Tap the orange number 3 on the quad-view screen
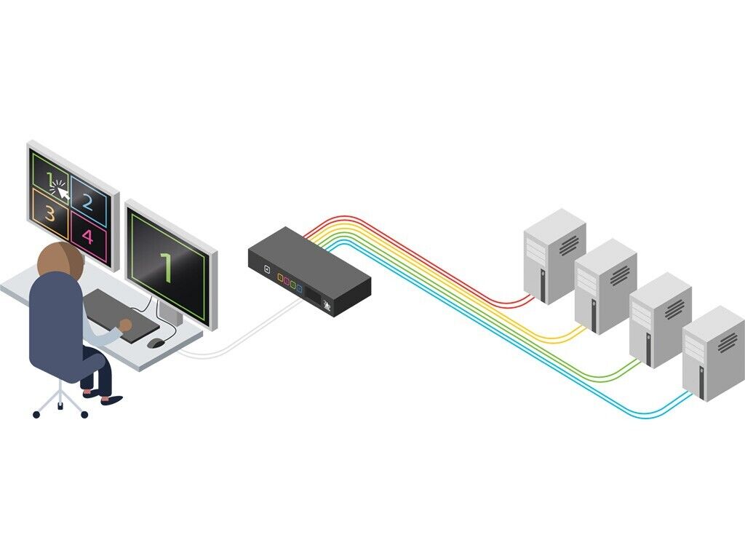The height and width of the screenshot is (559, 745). [x=50, y=213]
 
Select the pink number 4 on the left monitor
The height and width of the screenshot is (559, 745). [x=88, y=237]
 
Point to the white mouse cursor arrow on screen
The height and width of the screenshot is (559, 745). [x=63, y=193]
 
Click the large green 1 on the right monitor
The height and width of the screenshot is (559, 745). [x=167, y=267]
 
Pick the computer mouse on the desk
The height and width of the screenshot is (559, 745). [x=155, y=343]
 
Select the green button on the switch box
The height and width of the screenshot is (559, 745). [x=292, y=286]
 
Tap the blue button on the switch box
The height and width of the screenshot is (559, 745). [x=299, y=290]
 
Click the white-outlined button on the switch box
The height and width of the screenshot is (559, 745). [x=267, y=270]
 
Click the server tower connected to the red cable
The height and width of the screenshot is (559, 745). [x=554, y=255]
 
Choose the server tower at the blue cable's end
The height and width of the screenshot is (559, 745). [x=713, y=352]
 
